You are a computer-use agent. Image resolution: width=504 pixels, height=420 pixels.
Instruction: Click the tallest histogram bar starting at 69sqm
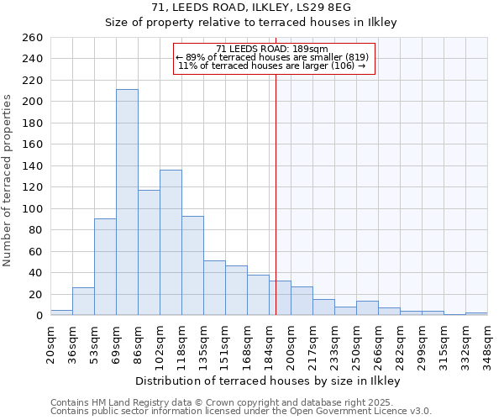pyautogui.click(x=127, y=202)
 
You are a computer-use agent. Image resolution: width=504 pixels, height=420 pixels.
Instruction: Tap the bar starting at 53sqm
pyautogui.click(x=105, y=266)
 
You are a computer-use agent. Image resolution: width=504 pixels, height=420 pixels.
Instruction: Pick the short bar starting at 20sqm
pyautogui.click(x=61, y=312)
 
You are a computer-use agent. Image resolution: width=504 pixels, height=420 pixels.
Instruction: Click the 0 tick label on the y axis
pyautogui.click(x=39, y=316)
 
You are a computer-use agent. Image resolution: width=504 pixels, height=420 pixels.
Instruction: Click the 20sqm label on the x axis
pyautogui.click(x=50, y=343)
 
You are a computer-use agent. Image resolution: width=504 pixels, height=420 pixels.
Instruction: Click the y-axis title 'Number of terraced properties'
pyautogui.click(x=9, y=181)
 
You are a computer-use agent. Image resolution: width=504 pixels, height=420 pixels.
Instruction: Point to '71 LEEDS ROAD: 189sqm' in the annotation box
pyautogui.click(x=273, y=49)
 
